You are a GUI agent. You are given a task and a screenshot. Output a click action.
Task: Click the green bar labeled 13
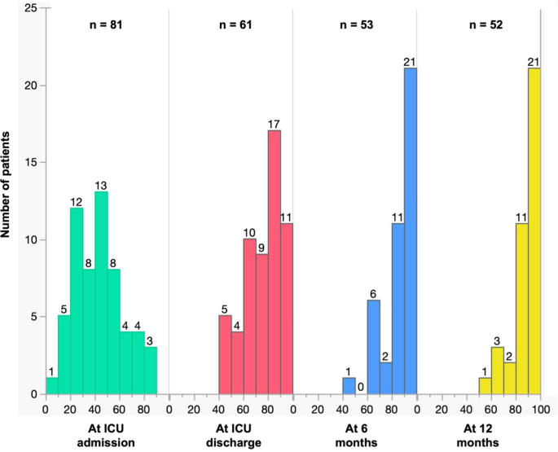pos(101,293)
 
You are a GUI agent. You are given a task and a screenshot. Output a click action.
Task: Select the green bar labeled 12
pos(77,301)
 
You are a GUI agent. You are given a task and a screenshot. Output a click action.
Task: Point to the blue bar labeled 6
pos(373,347)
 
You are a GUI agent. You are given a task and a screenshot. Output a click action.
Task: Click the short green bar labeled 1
pos(52,386)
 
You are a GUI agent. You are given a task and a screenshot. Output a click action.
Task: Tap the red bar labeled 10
pos(250,317)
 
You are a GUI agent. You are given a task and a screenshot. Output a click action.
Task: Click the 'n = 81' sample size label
pos(106,24)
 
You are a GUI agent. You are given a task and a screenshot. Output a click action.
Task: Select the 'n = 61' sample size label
pos(231,24)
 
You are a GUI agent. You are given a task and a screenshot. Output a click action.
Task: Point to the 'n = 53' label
pos(354,24)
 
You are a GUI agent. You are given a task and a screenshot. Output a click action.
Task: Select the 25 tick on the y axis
pos(29,8)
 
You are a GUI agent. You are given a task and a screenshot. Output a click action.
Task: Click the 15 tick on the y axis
pos(29,163)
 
